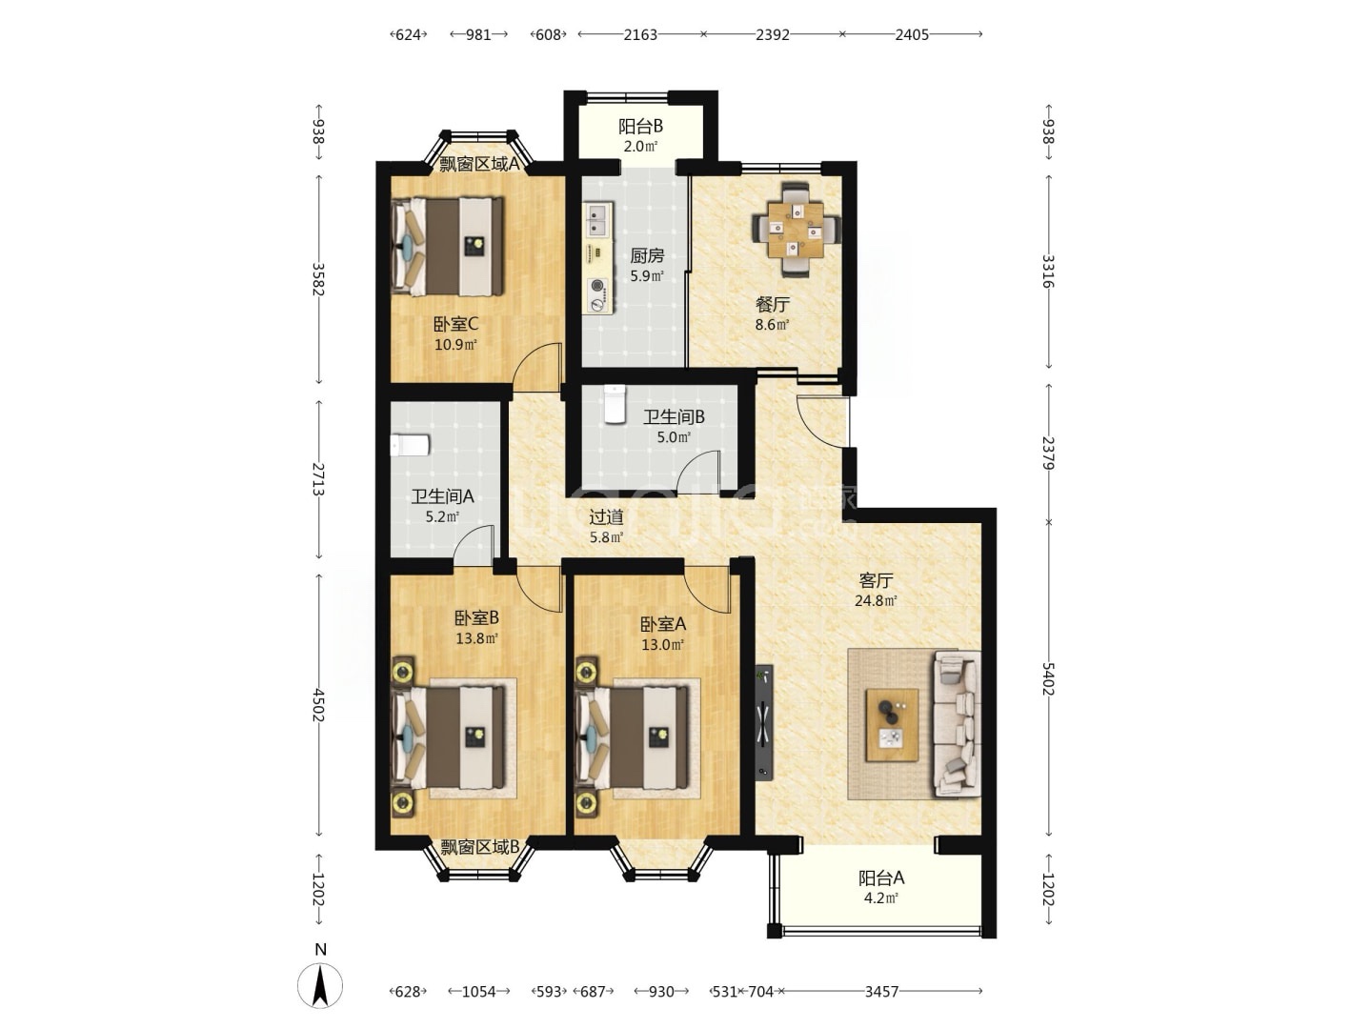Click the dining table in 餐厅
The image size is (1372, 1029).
point(796,230)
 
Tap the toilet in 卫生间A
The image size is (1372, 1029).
point(410,446)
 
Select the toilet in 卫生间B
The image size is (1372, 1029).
point(615,404)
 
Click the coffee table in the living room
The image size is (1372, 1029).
point(892,725)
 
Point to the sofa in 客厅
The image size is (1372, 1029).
point(957,724)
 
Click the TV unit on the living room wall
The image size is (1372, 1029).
point(764,722)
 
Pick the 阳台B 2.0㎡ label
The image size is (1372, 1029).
point(640,136)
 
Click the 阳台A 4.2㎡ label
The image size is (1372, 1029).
point(880,888)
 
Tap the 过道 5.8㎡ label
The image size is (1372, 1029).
point(606,526)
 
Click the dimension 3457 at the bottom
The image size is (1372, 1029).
point(881,992)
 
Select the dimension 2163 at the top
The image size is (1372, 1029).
point(640,35)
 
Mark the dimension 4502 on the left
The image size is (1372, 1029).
point(319,705)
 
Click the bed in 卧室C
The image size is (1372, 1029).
point(447,247)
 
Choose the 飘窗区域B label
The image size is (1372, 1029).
point(480,847)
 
